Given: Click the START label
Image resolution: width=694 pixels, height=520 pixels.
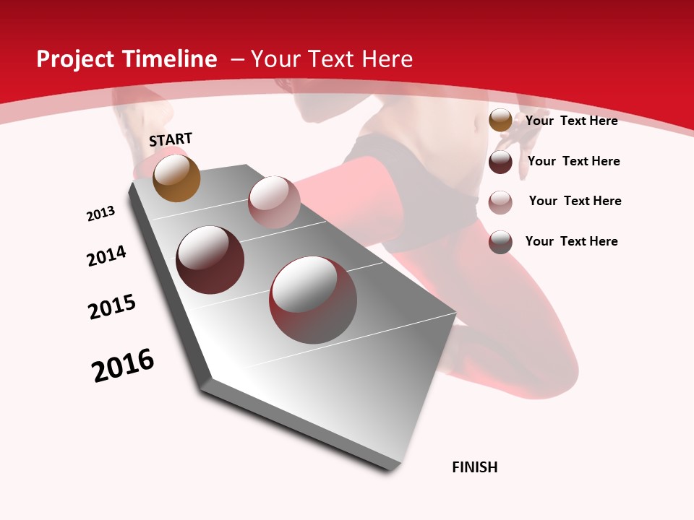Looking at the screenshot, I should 171,139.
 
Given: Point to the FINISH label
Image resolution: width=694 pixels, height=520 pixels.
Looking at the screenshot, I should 475,467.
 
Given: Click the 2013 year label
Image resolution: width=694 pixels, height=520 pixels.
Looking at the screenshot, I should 100,214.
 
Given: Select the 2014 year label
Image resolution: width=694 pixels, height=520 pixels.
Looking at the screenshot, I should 106,256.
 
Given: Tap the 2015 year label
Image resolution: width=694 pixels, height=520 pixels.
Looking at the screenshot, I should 112,307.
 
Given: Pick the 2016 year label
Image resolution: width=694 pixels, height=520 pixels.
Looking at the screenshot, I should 123,365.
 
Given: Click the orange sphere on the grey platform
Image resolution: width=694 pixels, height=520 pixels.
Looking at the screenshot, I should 177,178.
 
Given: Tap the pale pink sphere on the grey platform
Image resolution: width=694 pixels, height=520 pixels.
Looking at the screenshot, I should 274,201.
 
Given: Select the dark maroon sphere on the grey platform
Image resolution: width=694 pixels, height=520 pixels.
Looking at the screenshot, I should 210,260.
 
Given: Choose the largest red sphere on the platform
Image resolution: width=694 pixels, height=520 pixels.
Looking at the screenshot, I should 313,300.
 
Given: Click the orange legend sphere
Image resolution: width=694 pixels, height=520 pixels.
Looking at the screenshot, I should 500,121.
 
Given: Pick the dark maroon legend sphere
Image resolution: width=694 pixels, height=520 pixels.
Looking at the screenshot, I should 500,162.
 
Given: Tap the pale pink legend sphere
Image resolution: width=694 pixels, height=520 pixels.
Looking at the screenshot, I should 500,202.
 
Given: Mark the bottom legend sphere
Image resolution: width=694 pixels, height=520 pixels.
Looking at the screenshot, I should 500,242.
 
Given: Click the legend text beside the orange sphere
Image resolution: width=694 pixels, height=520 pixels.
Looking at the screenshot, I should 572,121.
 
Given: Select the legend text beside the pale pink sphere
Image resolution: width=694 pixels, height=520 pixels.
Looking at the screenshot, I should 575,201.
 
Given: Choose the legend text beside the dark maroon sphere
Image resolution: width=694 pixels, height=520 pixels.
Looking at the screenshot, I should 574,161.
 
